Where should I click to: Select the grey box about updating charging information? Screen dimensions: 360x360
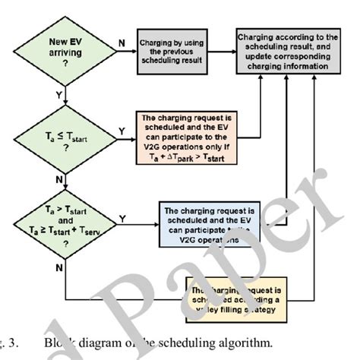click(287, 52)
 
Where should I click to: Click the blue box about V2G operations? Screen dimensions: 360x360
click(207, 225)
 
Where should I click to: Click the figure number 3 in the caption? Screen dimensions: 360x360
click(15, 342)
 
